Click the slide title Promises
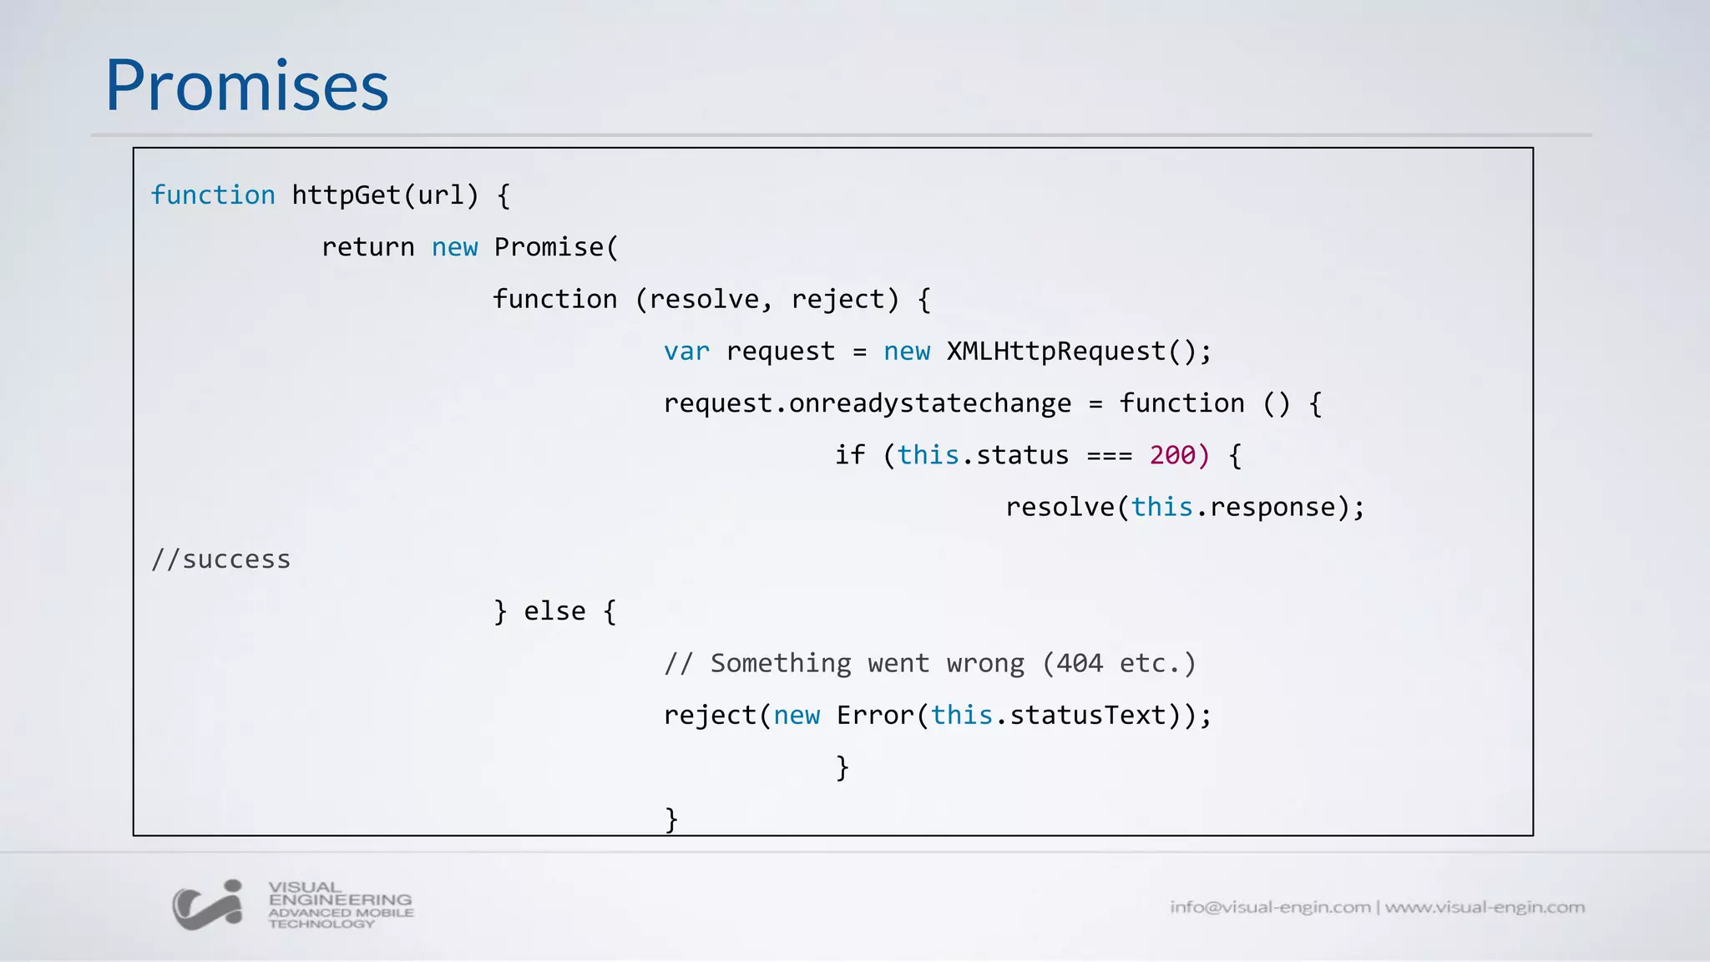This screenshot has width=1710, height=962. [x=246, y=86]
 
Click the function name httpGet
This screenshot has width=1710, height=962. [x=347, y=195]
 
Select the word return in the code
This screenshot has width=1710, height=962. [x=368, y=247]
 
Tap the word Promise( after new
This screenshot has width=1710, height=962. [x=555, y=247]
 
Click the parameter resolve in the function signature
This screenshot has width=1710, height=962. [x=704, y=299]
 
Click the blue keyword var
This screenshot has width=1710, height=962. [x=686, y=352]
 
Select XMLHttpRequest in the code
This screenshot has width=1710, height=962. [x=1055, y=352]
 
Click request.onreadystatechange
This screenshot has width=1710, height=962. [x=867, y=403]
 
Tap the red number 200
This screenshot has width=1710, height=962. [x=1172, y=455]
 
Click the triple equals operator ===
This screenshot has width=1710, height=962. [x=1110, y=456]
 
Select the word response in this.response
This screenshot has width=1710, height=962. [x=1272, y=507]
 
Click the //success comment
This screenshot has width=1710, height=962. [x=220, y=559]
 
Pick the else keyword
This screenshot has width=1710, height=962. [x=554, y=611]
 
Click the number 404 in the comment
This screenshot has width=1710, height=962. [x=1079, y=663]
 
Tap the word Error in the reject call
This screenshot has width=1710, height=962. [x=875, y=715]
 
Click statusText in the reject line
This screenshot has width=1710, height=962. [x=1087, y=715]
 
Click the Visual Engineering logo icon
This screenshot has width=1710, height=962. [x=208, y=905]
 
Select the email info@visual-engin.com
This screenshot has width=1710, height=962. [x=1269, y=907]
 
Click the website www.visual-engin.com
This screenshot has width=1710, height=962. [x=1485, y=907]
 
